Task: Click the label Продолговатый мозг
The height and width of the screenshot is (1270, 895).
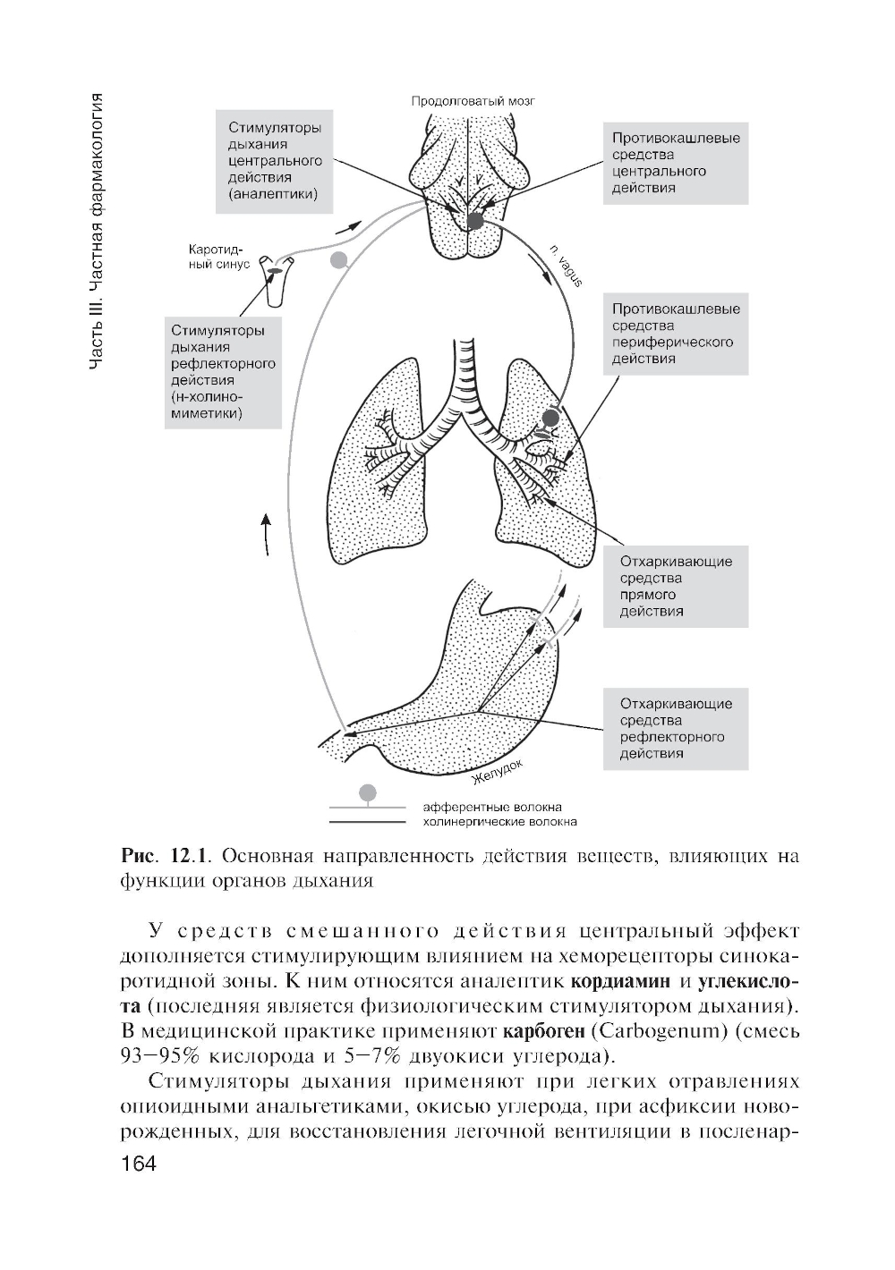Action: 472,101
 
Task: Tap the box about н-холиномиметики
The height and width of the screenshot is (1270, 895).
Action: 223,372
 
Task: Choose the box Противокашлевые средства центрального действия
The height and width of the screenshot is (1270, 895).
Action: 676,163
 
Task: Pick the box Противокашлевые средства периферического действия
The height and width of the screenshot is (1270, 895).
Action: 676,334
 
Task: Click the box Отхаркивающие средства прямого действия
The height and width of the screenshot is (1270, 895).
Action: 676,587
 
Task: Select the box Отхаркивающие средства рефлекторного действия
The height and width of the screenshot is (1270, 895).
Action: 676,728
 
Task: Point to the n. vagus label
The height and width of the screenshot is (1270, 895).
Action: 565,266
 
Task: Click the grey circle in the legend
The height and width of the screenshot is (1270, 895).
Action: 368,792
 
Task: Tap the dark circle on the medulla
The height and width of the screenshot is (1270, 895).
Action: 474,220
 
